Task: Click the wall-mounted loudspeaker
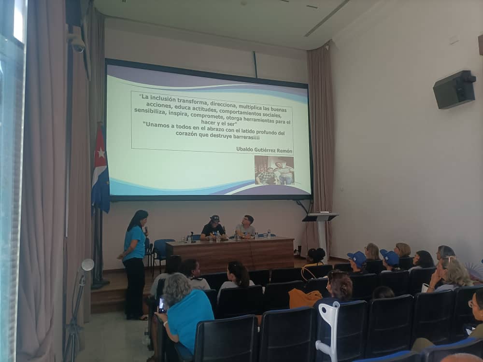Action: [x=455, y=89]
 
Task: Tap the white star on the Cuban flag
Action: [x=101, y=153]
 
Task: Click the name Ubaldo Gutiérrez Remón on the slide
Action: [x=264, y=150]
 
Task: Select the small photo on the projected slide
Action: [x=274, y=170]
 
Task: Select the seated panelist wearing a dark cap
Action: [x=213, y=228]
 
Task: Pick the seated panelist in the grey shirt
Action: [x=246, y=227]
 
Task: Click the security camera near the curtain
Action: [x=77, y=43]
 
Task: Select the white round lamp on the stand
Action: [x=87, y=265]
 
